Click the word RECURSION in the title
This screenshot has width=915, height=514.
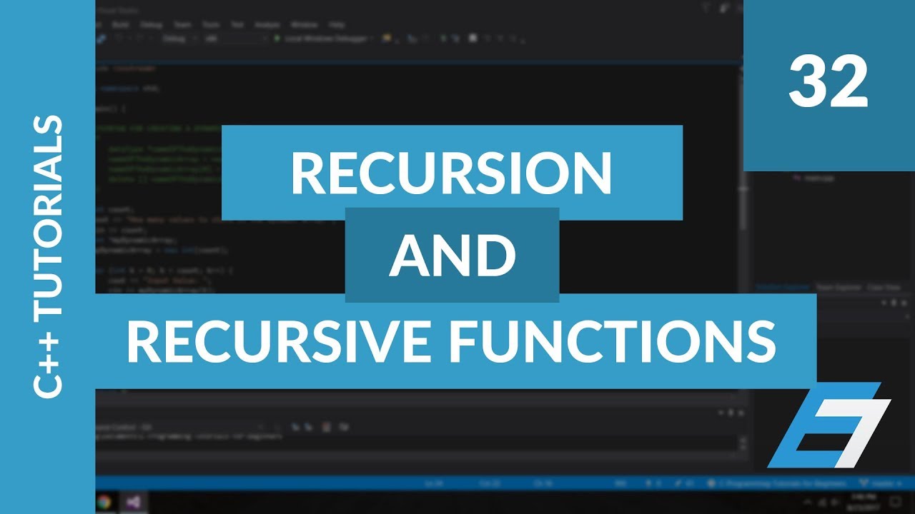(x=451, y=173)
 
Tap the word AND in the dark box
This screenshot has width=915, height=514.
(x=452, y=256)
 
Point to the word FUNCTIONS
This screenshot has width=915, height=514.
(x=615, y=341)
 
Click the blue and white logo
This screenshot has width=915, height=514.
(x=829, y=425)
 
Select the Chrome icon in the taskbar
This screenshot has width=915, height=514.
(x=104, y=502)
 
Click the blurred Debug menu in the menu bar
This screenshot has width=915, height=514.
(x=151, y=24)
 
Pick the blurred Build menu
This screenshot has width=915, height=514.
(x=121, y=24)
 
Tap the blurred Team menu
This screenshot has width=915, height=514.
(x=182, y=24)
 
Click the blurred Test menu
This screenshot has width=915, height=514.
(x=237, y=24)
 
